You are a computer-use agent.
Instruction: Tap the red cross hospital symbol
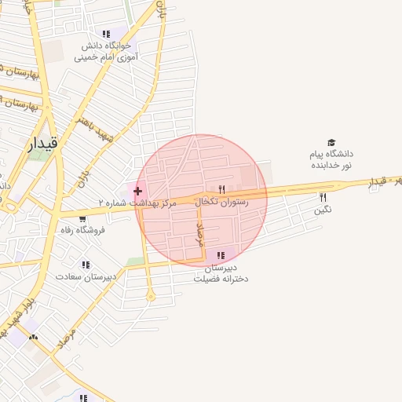(138, 191)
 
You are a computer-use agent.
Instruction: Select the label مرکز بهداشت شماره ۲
(138, 203)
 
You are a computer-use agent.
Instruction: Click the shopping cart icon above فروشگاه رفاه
(83, 219)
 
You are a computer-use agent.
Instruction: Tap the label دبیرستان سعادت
(86, 276)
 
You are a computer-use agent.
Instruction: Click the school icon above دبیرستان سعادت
(85, 265)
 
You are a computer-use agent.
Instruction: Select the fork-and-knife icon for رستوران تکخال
(221, 190)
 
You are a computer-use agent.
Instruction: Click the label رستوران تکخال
(225, 202)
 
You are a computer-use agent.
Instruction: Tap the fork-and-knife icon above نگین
(323, 197)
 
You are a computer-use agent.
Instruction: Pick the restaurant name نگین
(323, 209)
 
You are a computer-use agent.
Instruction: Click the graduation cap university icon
(331, 143)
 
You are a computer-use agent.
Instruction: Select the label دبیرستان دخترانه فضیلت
(221, 272)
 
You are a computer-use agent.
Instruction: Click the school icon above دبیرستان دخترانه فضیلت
(221, 255)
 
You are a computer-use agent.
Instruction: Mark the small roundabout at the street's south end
(150, 296)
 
